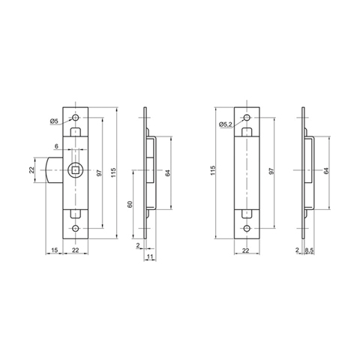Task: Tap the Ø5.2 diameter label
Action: click(225, 124)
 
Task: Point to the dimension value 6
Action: click(56, 146)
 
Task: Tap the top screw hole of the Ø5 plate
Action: click(75, 118)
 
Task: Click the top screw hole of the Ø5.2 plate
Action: click(247, 118)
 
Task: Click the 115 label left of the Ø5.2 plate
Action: click(214, 172)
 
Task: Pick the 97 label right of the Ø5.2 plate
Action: click(272, 172)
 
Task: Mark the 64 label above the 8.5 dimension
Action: click(326, 172)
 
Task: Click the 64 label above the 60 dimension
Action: click(169, 172)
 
